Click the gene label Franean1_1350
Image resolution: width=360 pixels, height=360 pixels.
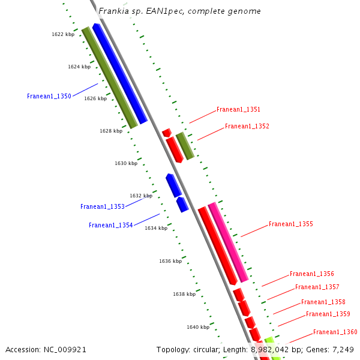[x=49, y=96]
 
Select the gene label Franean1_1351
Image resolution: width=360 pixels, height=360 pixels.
[x=238, y=110]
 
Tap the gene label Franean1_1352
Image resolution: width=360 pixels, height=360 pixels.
[x=247, y=127]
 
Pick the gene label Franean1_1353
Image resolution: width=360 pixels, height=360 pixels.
[x=103, y=206]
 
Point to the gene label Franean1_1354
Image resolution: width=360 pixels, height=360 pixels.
[x=111, y=225]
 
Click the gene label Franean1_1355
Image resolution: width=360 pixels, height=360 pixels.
[x=290, y=224]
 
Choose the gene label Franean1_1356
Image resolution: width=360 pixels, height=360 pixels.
[x=311, y=274]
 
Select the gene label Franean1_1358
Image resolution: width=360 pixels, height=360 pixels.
[x=323, y=302]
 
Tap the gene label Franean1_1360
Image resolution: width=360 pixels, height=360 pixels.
[x=335, y=332]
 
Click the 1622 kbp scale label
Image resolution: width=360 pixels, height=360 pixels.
[x=63, y=35]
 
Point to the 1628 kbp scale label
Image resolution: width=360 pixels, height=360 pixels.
[x=111, y=130]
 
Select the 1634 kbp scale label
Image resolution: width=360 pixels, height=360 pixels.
[x=156, y=228]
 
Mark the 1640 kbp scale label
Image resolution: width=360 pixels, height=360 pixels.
[x=198, y=327]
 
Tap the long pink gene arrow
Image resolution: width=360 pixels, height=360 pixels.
[x=228, y=242]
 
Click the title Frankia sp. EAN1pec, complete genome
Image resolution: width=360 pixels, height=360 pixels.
[x=179, y=11]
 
